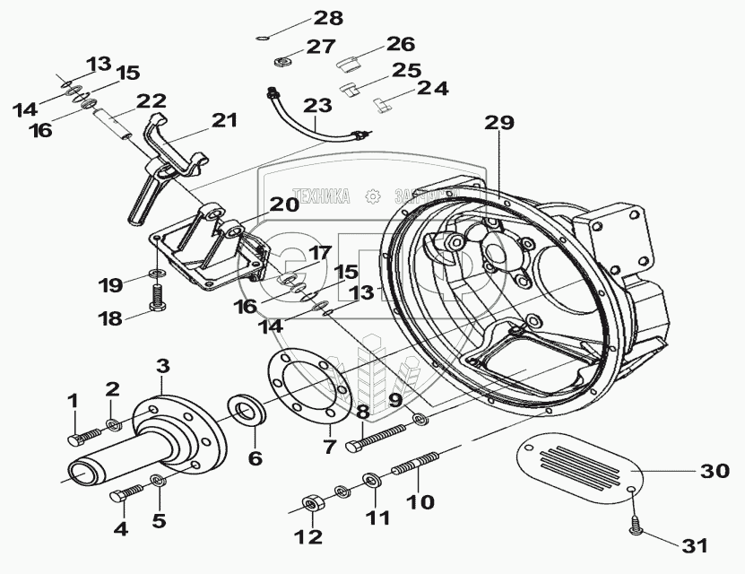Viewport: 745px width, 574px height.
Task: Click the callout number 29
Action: click(503, 124)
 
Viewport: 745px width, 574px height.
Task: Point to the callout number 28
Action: click(303, 18)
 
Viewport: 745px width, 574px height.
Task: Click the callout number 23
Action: click(316, 106)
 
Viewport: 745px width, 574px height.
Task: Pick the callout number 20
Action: click(284, 204)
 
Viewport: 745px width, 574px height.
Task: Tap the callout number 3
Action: click(162, 365)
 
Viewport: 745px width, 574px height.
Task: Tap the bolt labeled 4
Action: click(127, 493)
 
